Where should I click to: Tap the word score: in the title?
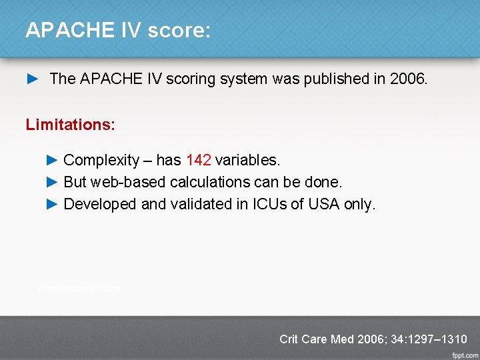[180, 30]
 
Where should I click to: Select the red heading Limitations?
[70, 125]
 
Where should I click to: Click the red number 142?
[199, 160]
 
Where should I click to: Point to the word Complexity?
[101, 160]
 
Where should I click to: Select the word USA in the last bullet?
[324, 204]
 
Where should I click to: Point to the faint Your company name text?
[78, 289]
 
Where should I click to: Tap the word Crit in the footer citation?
[289, 339]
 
